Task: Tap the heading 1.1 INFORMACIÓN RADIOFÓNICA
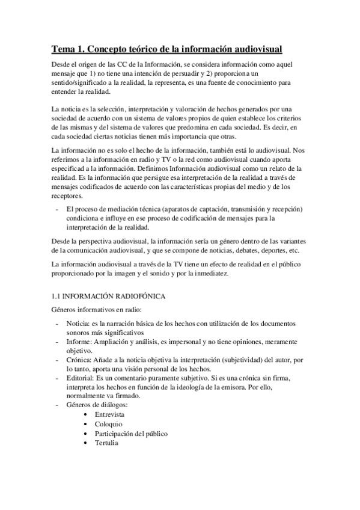(x=106, y=296)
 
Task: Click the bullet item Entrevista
(x=109, y=415)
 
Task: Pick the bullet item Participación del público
(x=130, y=434)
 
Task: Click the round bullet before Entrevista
(x=88, y=415)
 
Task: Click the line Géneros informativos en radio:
(x=96, y=310)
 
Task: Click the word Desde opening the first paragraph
(x=61, y=64)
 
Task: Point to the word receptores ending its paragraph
(x=67, y=195)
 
